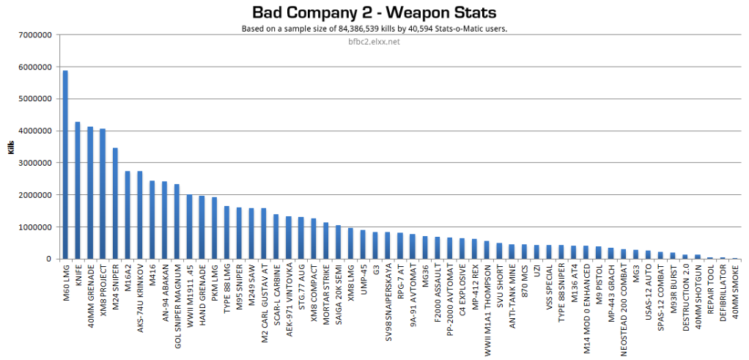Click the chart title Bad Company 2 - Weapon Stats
click(374, 12)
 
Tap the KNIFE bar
click(78, 191)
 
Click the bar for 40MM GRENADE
click(90, 193)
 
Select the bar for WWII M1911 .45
click(189, 227)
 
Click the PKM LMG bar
click(214, 228)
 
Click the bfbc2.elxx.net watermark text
click(374, 41)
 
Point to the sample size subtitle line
click(374, 29)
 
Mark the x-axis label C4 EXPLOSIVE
click(462, 288)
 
